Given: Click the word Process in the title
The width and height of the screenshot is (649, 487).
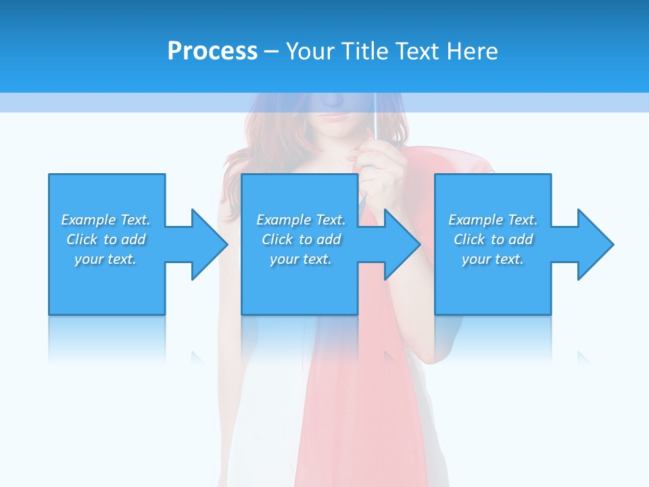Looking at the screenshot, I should [212, 51].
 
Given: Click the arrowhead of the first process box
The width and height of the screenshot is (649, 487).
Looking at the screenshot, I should [209, 244].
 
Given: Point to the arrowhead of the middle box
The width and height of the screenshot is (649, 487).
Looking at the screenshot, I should [402, 244].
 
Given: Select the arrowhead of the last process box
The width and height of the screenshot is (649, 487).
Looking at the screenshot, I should [595, 244].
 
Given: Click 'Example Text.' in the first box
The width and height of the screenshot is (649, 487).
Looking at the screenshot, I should [105, 220].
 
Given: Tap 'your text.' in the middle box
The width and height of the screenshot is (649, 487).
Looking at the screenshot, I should [300, 259].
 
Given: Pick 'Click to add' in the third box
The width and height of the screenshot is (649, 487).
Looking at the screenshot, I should [493, 239].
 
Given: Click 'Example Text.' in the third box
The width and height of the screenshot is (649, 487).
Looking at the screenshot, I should [493, 220].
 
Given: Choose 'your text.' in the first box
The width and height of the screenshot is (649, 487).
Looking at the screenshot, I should [105, 259].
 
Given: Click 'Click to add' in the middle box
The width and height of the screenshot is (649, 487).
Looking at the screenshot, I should [300, 239].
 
